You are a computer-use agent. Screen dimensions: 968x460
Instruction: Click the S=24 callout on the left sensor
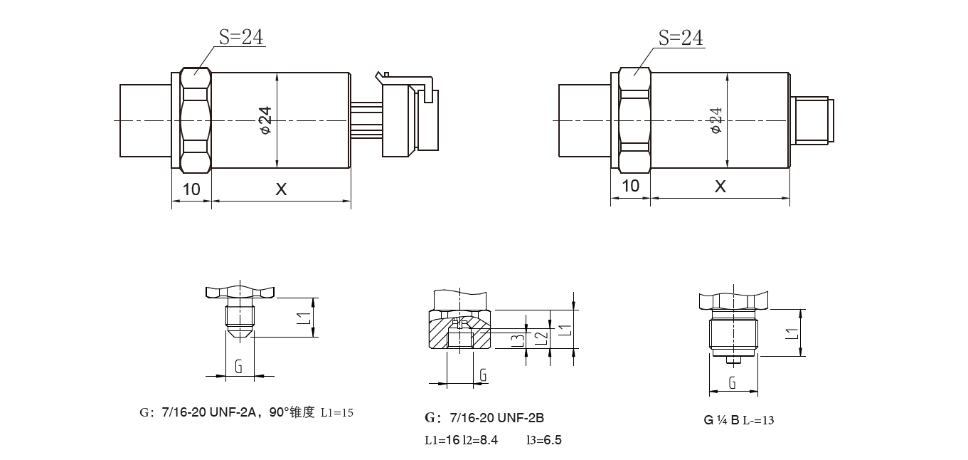pos(240,37)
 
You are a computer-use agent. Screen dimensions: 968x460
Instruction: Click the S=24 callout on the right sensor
pos(681,38)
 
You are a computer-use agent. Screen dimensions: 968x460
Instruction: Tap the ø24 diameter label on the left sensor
pos(266,120)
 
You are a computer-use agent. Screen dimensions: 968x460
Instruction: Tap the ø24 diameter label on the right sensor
pos(716,120)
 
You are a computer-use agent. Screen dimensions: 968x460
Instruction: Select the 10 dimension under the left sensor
pos(191,189)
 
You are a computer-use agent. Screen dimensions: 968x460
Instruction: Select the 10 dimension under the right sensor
pos(630,186)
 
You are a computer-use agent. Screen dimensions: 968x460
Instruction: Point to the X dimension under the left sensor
pos(282,189)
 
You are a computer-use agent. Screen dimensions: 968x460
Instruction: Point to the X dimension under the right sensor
pos(720,187)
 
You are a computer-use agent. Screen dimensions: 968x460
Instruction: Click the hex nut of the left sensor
pos(196,120)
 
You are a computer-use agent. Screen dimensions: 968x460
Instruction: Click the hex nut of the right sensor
pos(634,120)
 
